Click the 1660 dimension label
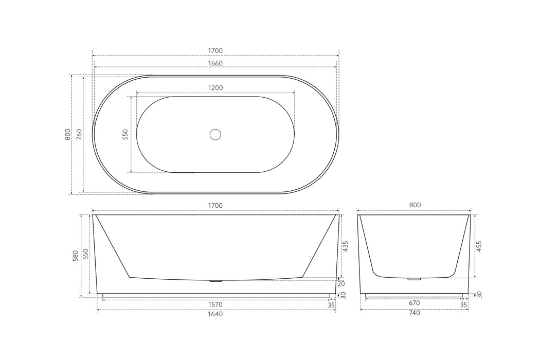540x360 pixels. pos(215,63)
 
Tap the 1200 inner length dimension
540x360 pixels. pos(215,88)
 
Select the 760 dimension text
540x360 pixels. pos(79,134)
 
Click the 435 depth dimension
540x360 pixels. pos(345,246)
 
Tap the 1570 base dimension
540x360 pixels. pos(215,304)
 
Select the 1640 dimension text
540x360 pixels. pos(215,314)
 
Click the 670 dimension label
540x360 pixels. pos(415,303)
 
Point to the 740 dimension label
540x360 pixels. pos(415,313)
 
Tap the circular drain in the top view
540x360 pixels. pos(215,135)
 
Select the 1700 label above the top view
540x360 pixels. pos(215,50)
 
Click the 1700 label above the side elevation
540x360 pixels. pos(215,206)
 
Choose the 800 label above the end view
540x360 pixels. pos(415,205)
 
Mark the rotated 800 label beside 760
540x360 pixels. pos(67,134)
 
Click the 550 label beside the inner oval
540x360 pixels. pos(125,135)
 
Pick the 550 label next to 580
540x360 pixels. pos(86,255)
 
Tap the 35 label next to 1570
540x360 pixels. pos(331,304)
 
